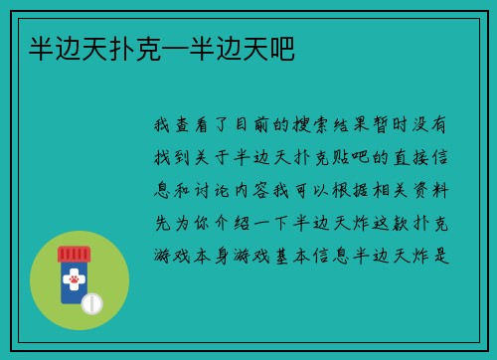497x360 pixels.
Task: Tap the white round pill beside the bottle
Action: click(x=92, y=302)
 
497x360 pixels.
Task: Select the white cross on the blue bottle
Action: click(x=74, y=275)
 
